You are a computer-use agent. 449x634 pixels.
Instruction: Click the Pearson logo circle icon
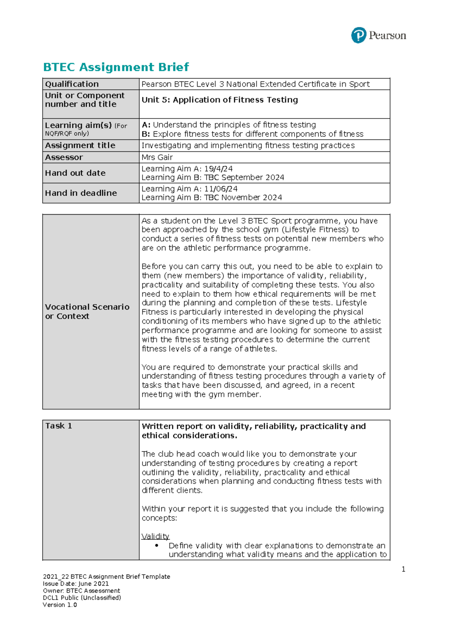click(x=358, y=36)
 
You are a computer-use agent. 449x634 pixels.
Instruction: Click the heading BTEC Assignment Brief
click(x=116, y=67)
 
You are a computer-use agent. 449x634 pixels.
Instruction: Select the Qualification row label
click(x=72, y=84)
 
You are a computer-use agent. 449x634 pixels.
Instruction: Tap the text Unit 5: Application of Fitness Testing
click(x=220, y=100)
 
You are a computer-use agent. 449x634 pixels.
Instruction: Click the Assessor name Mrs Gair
click(x=157, y=157)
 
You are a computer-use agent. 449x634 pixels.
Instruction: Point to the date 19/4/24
click(x=219, y=169)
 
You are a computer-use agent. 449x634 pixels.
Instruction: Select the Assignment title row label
click(x=80, y=145)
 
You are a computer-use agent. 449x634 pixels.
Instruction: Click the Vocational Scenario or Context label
click(x=87, y=311)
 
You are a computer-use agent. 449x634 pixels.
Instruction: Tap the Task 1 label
click(x=59, y=426)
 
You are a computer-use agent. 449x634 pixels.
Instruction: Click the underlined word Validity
click(x=155, y=536)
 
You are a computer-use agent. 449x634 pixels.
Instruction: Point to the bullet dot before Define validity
click(x=157, y=545)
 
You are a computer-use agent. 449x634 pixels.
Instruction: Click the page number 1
click(x=403, y=569)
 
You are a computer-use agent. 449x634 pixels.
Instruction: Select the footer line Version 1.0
click(x=60, y=605)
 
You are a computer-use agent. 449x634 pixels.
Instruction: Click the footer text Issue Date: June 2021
click(x=76, y=584)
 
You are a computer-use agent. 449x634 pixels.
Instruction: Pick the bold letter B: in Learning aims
click(x=146, y=134)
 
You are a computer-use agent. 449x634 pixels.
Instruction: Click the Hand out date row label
click(x=75, y=173)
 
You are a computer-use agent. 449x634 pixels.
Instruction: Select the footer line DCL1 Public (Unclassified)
click(x=82, y=598)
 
